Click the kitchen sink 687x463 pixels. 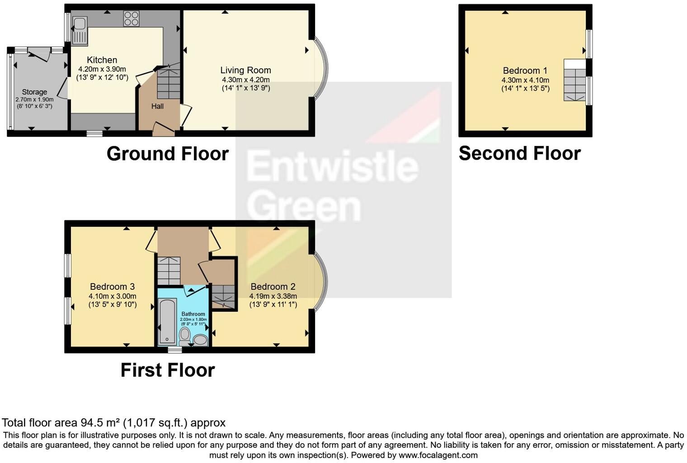coord(80,31)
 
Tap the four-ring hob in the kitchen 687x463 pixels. coord(132,19)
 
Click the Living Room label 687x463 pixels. coord(245,70)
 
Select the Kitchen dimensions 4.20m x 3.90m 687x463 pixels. coord(102,69)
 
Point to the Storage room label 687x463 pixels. coord(34,92)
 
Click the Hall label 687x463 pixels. coord(157,106)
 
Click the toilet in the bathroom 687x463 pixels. coord(184,335)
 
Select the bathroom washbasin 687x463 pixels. coord(200,340)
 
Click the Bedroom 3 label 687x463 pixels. coord(112,287)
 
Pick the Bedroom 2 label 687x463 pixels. coord(273,287)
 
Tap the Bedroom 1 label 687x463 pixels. coord(525,71)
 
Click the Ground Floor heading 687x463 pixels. coord(168,154)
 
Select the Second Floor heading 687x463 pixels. coord(519,154)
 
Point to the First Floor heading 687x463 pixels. coord(168,370)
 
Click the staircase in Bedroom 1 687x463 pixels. coord(574,85)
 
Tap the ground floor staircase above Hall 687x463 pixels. coord(169,82)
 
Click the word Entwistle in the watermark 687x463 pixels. coord(332,167)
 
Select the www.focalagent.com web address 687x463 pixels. coord(438,455)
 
